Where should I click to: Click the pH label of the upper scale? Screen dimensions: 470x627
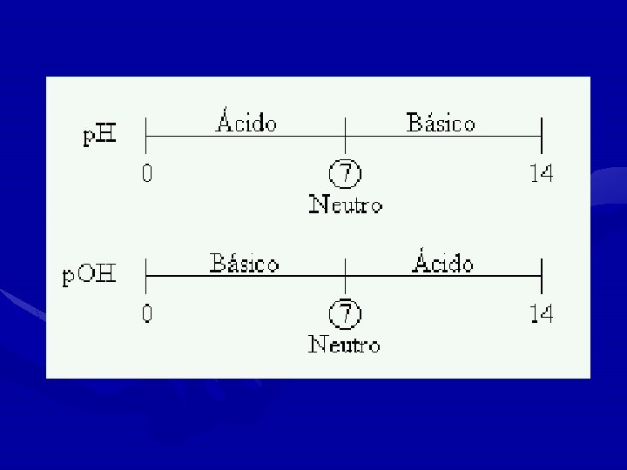101,137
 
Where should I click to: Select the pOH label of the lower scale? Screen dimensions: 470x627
89,277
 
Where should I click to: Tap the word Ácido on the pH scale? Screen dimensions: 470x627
246,123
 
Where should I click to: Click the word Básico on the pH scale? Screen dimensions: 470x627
441,124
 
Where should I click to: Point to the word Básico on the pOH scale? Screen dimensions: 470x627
245,263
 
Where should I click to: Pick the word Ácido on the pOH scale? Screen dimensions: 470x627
443,262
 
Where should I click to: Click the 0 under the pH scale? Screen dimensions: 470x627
147,174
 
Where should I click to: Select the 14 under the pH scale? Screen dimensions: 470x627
542,174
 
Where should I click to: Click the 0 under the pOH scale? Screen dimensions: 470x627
147,313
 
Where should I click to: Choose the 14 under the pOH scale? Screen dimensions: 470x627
542,313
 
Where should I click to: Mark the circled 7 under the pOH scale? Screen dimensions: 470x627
346,313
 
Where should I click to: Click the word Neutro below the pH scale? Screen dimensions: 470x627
346,205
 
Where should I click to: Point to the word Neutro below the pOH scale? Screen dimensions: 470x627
345,345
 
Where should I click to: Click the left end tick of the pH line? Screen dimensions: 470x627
145,136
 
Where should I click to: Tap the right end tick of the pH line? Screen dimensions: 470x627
542,136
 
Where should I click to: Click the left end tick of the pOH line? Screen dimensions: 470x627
145,276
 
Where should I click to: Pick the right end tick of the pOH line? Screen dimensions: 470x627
542,276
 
